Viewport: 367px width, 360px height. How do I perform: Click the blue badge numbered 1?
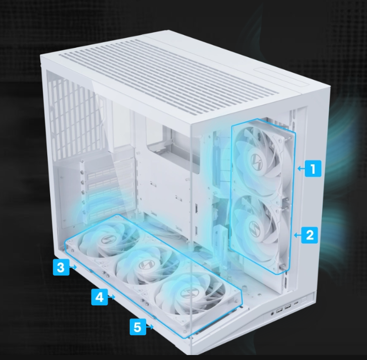pos(312,169)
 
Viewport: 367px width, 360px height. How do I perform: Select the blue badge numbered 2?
pos(310,235)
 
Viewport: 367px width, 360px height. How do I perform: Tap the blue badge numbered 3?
pos(60,267)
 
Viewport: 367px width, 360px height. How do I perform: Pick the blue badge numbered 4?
pos(99,297)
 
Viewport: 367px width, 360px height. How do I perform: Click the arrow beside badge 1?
pos(299,169)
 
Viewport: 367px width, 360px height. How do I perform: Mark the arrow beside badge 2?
pos(297,235)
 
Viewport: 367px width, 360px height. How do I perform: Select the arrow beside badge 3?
pos(74,267)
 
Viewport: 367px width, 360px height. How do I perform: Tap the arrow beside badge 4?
pos(113,298)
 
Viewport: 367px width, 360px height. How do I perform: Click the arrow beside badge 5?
pos(151,328)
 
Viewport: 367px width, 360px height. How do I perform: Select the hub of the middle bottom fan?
pos(145,264)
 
